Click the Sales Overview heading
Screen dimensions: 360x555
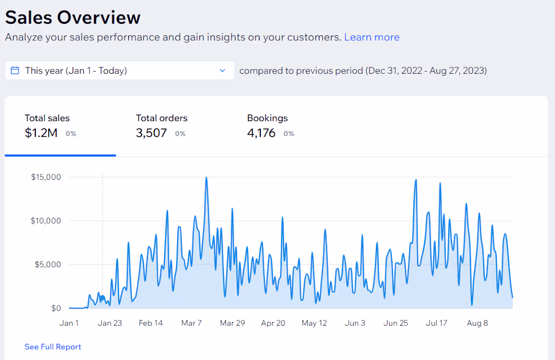point(73,18)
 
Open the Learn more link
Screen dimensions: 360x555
point(371,37)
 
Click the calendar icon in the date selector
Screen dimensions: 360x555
point(15,71)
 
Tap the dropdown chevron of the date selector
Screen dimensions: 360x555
point(223,71)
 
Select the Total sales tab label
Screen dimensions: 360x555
point(47,118)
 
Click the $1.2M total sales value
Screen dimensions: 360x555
point(41,133)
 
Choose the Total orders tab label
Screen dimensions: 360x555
point(161,118)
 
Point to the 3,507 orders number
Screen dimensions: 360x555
point(151,133)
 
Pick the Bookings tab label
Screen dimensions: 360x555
point(267,118)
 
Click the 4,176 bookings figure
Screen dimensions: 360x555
point(261,133)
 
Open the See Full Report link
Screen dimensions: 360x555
point(52,347)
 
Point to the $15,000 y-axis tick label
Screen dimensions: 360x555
point(46,177)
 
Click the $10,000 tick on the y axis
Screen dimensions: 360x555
point(46,221)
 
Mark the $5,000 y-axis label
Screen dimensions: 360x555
point(48,265)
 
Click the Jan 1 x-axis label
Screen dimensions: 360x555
point(69,323)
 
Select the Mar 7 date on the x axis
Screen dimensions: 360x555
point(192,323)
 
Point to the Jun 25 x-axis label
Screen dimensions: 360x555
point(396,323)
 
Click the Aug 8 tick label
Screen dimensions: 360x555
point(477,323)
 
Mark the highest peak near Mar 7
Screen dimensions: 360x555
point(206,178)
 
